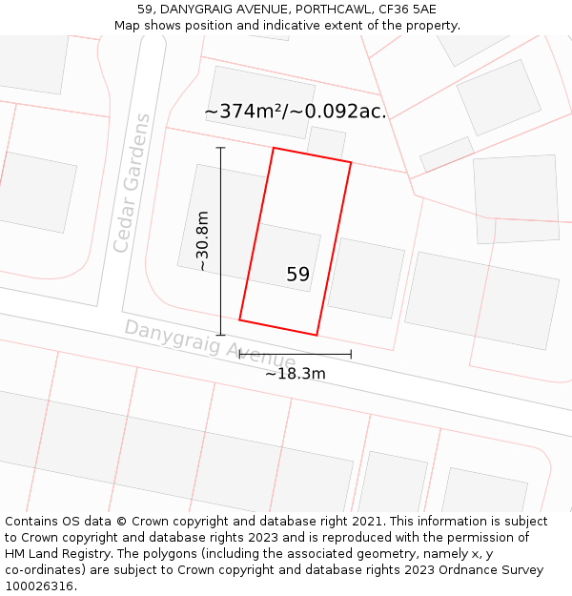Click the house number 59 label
pyautogui.click(x=297, y=275)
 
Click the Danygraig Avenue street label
pyautogui.click(x=210, y=344)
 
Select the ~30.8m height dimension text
pyautogui.click(x=202, y=241)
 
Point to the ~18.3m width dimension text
pyautogui.click(x=296, y=374)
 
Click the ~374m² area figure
pyautogui.click(x=243, y=112)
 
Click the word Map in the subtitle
pyautogui.click(x=128, y=26)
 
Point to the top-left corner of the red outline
pyautogui.click(x=274, y=148)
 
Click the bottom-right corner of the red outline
pyautogui.click(x=317, y=335)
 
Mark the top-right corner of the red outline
pyautogui.click(x=351, y=163)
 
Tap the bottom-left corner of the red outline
pyautogui.click(x=239, y=319)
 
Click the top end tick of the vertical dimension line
pyautogui.click(x=220, y=148)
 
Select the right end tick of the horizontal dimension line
pyautogui.click(x=351, y=354)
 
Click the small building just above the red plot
pyautogui.click(x=326, y=142)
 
